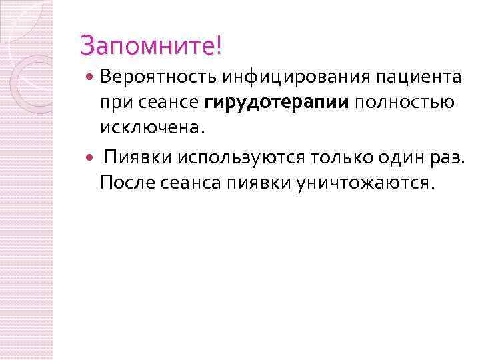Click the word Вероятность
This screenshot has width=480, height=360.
pos(156,77)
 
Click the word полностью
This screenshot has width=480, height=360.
pos(404,103)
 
